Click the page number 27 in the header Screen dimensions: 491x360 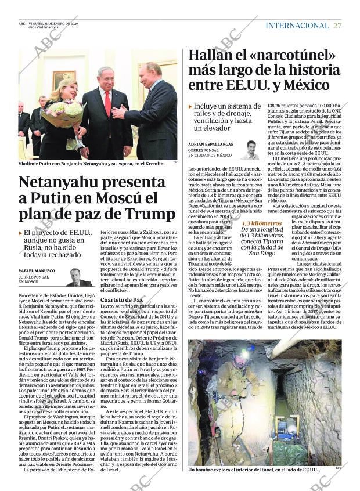[x=338, y=26]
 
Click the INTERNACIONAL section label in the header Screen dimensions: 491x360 [x=297, y=26]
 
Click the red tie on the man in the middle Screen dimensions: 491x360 [x=107, y=104]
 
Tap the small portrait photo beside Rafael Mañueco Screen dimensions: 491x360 [x=75, y=277]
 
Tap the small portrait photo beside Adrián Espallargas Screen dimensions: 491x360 [x=251, y=150]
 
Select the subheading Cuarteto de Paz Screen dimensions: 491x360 [x=121, y=299]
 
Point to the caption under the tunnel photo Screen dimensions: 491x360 [x=253, y=469]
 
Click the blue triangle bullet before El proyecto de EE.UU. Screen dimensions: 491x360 [x=20, y=233]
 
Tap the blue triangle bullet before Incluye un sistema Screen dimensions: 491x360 [x=190, y=106]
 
